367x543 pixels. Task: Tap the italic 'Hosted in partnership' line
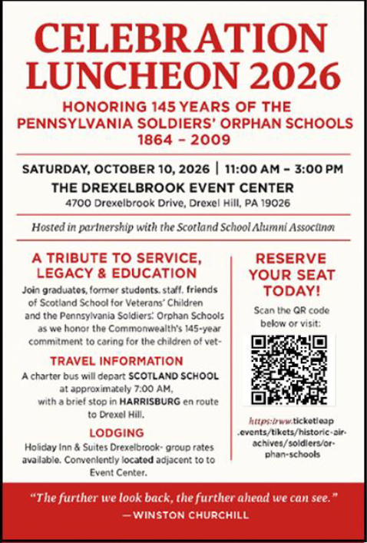(183, 227)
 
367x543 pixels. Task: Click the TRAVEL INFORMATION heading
(117, 360)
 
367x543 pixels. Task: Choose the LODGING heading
(117, 433)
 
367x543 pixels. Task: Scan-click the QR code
(289, 370)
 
